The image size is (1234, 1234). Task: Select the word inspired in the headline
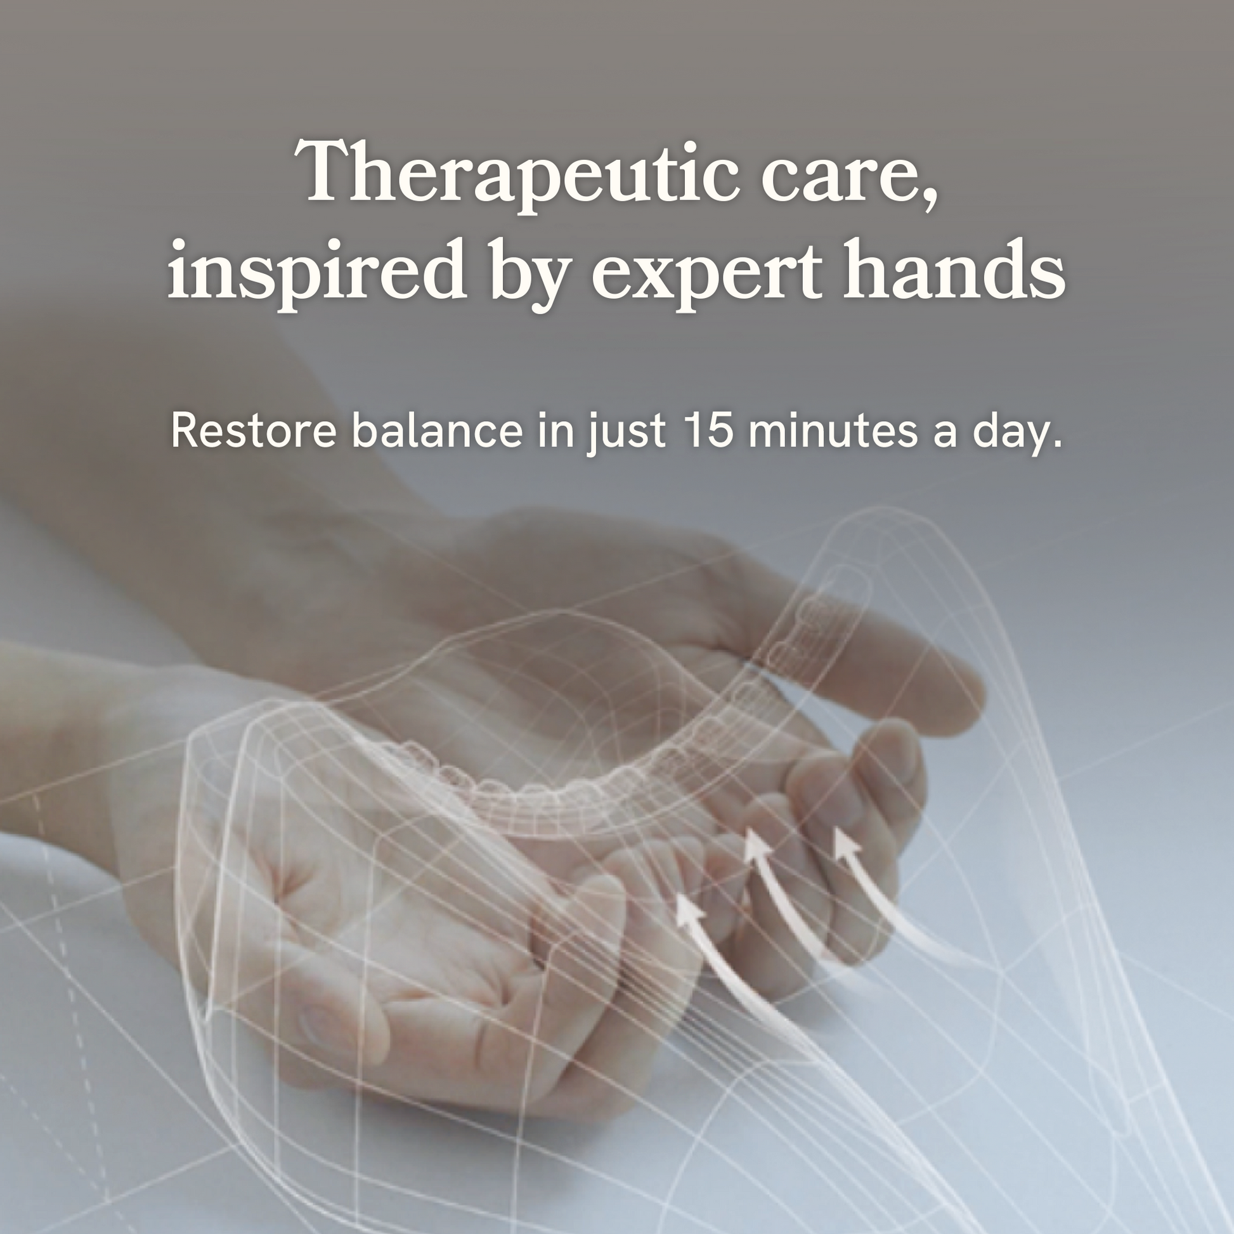point(316,272)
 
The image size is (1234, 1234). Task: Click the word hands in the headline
point(953,268)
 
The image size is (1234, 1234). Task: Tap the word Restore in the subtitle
point(254,431)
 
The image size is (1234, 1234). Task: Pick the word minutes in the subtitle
point(833,430)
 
